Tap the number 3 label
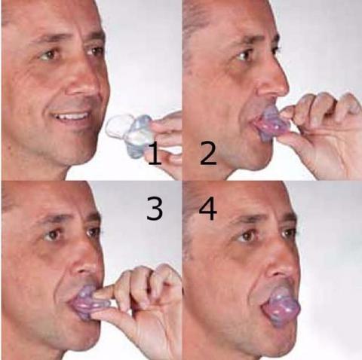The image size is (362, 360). (x=154, y=208)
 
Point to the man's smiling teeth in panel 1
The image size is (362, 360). (x=74, y=117)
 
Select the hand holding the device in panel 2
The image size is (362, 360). (x=317, y=128)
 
